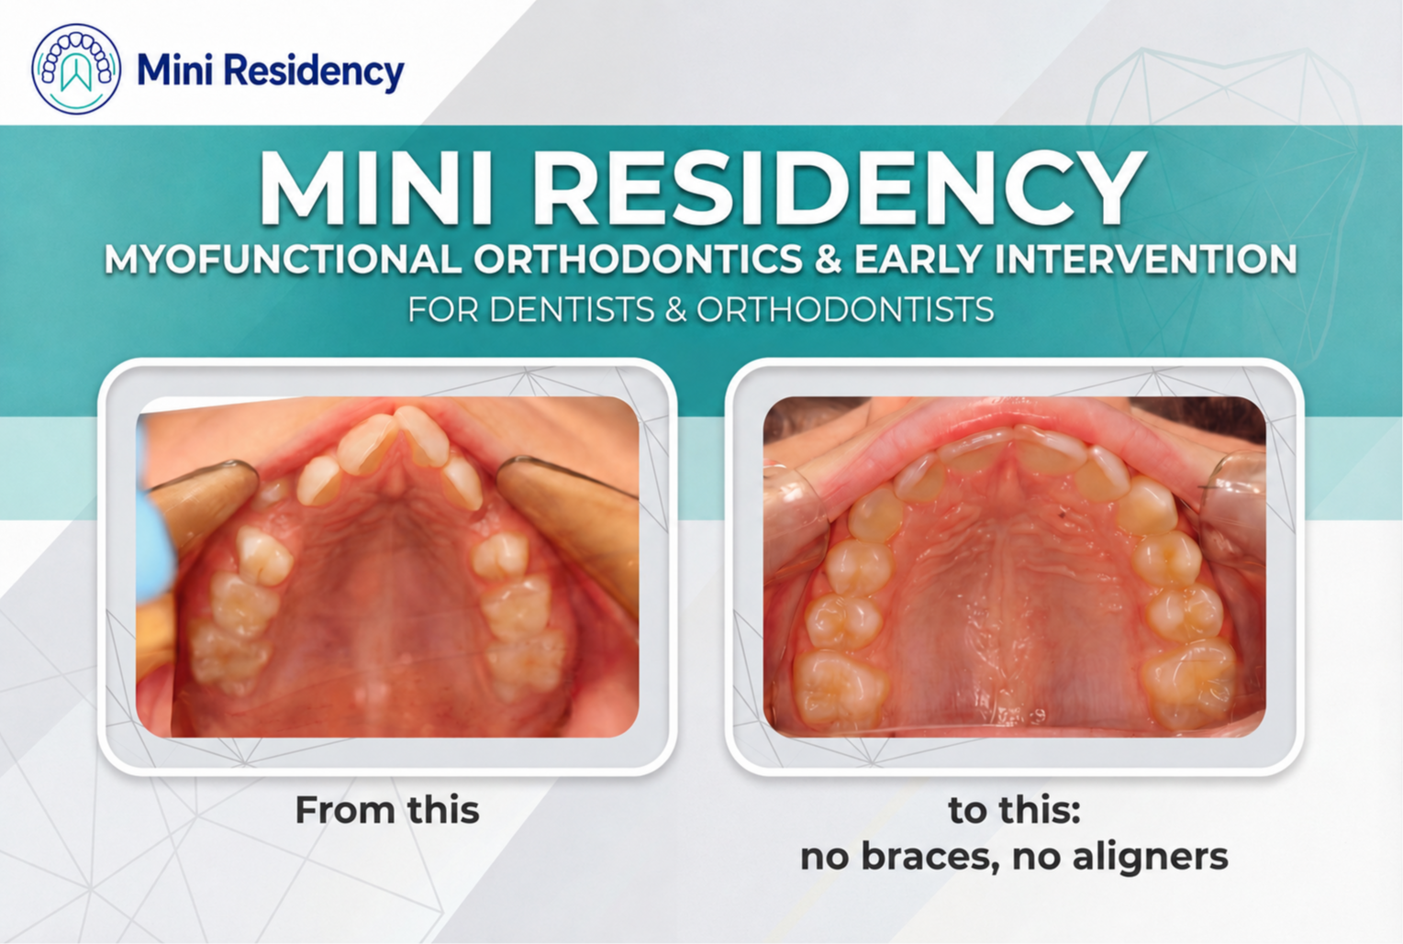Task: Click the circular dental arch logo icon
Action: [76, 69]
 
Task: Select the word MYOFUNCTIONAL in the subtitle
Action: [283, 259]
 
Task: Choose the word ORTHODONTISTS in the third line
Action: [845, 309]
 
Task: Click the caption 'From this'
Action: [387, 809]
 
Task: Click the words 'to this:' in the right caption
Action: [1014, 809]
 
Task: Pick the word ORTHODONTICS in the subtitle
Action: [638, 259]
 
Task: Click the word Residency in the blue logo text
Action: [314, 72]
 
